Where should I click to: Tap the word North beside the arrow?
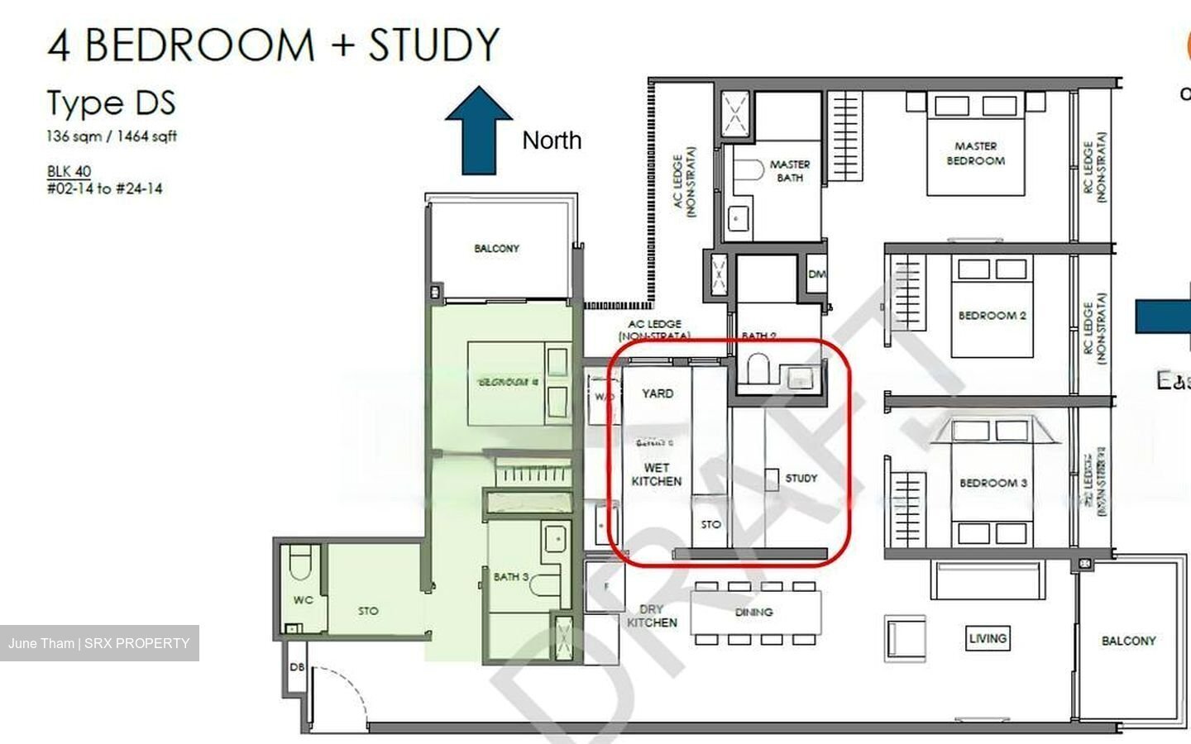point(552,141)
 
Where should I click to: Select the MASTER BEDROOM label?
point(975,154)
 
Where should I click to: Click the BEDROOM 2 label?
point(992,316)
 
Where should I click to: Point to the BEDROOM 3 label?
point(992,483)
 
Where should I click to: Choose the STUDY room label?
point(801,478)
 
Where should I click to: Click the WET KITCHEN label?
point(657,475)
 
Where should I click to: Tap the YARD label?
point(658,393)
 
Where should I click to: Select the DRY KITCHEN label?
point(652,616)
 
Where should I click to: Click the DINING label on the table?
point(753,613)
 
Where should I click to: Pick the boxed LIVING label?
point(988,638)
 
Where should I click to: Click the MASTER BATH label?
point(789,171)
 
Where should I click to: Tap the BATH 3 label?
point(510,576)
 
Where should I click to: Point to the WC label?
point(303,600)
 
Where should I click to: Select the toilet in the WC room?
point(299,565)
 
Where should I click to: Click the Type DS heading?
point(111,103)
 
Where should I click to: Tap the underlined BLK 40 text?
point(69,171)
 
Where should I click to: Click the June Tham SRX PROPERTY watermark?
point(99,643)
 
